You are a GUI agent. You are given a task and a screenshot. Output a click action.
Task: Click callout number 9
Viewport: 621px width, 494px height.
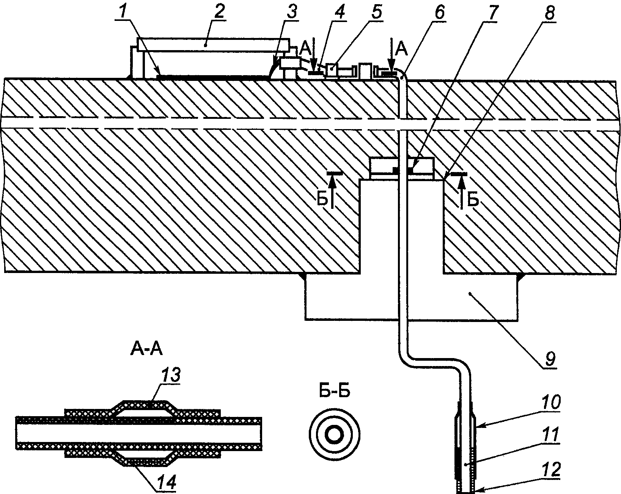click(x=550, y=357)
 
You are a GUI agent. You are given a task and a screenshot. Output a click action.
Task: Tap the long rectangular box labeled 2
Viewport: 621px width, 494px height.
click(x=215, y=45)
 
